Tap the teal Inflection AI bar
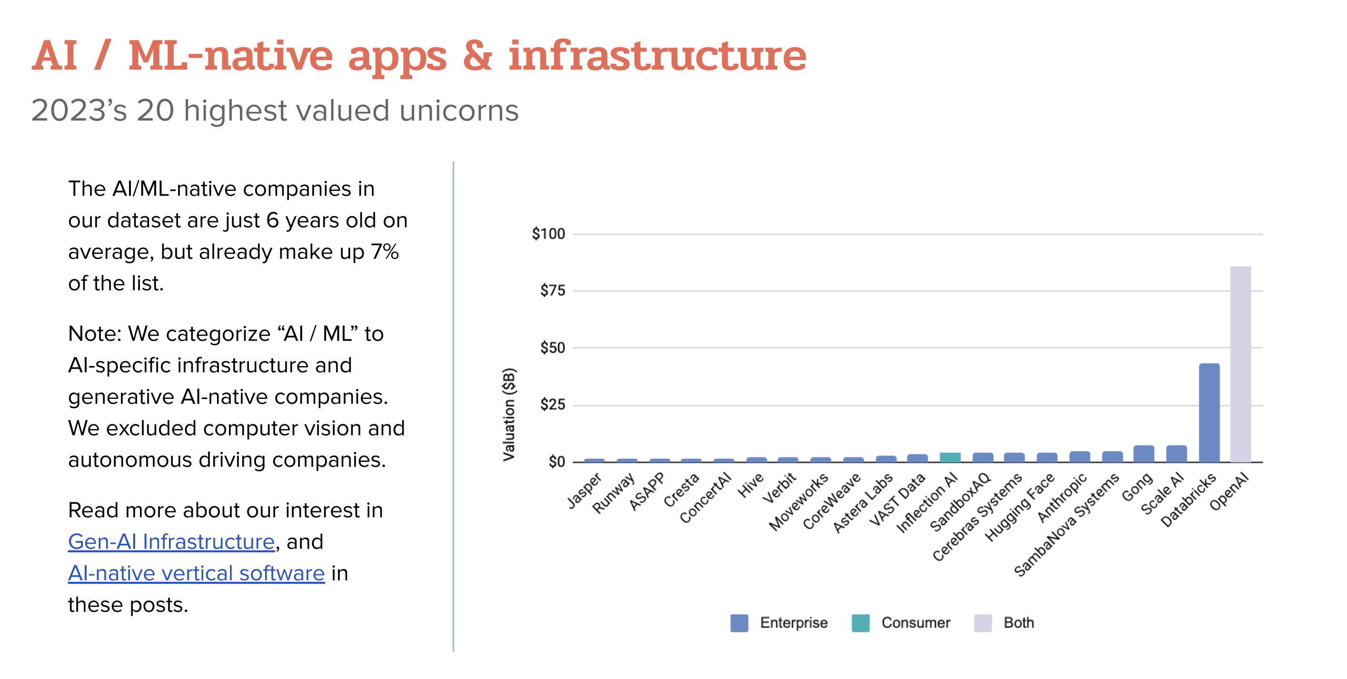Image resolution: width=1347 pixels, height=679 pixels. tap(950, 457)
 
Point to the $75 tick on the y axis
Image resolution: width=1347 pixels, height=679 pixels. tap(552, 290)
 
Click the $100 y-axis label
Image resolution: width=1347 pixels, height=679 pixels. tap(548, 233)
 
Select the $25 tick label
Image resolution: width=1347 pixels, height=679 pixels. tap(552, 404)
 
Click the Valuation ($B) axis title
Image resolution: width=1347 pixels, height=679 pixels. tap(509, 414)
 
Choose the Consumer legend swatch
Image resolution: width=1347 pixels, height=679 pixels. tap(860, 622)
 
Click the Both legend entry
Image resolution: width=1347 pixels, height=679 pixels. tap(1018, 622)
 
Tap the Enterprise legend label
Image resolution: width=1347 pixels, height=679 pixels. tap(793, 622)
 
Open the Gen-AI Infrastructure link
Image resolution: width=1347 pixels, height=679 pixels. tap(171, 542)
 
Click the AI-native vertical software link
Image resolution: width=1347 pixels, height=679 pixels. tap(196, 573)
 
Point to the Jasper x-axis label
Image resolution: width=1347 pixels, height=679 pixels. tap(584, 490)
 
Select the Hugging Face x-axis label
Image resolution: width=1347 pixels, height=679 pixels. tap(1020, 508)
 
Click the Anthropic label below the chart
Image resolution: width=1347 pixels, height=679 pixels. tap(1062, 498)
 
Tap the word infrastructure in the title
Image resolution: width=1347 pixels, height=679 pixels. tap(657, 57)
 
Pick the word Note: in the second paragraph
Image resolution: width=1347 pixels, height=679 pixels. tap(95, 334)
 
